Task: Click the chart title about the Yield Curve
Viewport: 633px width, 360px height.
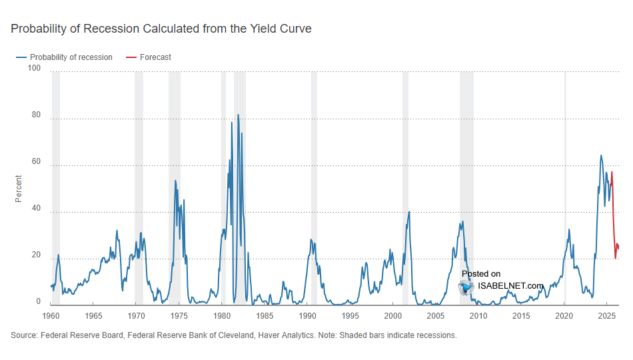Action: pyautogui.click(x=161, y=29)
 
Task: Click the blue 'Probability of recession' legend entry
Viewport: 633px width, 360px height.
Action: pyautogui.click(x=65, y=57)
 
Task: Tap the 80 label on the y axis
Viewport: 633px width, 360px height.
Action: pyautogui.click(x=36, y=115)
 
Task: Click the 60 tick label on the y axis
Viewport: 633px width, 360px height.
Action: pyautogui.click(x=36, y=162)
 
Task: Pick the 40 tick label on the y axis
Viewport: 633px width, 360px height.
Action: pyautogui.click(x=36, y=209)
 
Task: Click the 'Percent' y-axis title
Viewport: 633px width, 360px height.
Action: pyautogui.click(x=19, y=189)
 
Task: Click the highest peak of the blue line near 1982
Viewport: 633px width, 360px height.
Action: pyautogui.click(x=238, y=115)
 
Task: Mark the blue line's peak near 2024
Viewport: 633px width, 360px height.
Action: pyautogui.click(x=601, y=156)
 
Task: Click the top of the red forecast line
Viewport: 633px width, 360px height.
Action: pyautogui.click(x=612, y=172)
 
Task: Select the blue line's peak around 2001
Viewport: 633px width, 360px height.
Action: pyautogui.click(x=409, y=212)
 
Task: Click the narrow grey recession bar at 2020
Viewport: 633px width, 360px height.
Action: pyautogui.click(x=566, y=187)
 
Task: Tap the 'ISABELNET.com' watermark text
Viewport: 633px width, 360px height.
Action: pyautogui.click(x=510, y=286)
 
